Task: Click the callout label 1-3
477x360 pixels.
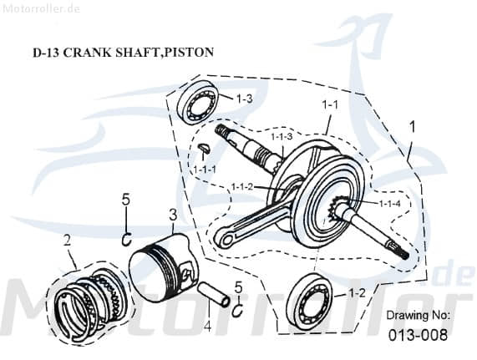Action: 244,99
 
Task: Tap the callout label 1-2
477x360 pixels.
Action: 356,293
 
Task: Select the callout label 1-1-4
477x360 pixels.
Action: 390,203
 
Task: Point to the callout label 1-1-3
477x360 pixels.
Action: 281,136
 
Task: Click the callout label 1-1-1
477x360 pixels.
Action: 205,170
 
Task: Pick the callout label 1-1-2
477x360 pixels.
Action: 242,186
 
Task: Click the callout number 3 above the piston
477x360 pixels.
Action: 171,215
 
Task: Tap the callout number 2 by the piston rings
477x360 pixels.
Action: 65,241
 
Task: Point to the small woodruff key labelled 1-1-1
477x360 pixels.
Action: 203,150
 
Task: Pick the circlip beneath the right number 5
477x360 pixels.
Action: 237,311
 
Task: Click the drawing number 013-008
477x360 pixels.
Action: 417,335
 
